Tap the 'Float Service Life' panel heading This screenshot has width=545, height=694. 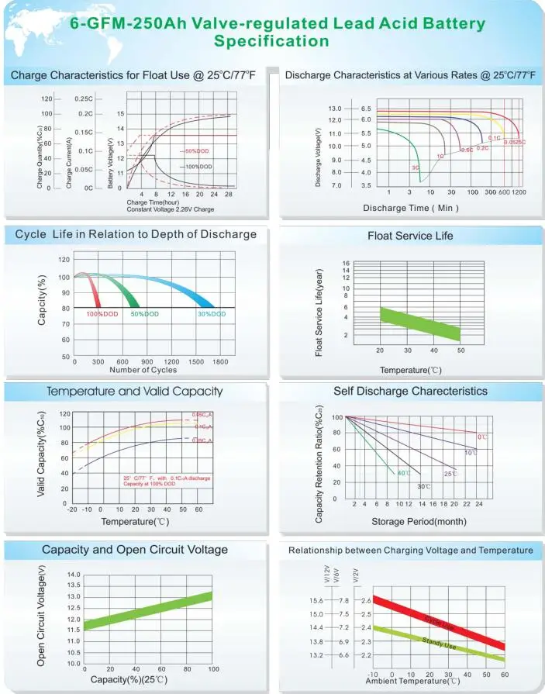[x=410, y=235]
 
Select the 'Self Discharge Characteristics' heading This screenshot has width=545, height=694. [x=410, y=391]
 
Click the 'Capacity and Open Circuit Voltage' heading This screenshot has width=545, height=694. [x=135, y=550]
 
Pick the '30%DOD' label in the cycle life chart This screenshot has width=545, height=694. [x=211, y=314]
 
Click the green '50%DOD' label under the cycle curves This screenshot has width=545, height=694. [x=145, y=314]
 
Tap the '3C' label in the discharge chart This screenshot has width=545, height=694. [x=416, y=167]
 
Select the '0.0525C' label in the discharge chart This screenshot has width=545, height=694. [x=512, y=142]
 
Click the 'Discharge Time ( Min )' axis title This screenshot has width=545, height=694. [x=411, y=208]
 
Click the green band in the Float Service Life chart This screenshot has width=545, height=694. [x=419, y=324]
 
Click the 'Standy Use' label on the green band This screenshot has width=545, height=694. [x=439, y=643]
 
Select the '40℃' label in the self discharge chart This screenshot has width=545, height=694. [x=404, y=473]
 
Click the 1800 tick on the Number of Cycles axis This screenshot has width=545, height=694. [x=220, y=362]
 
